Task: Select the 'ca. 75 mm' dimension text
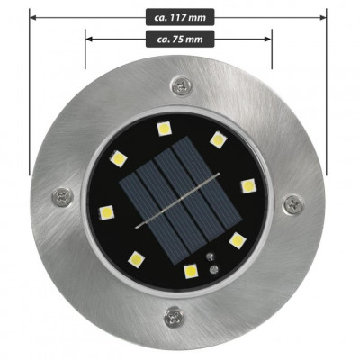pyautogui.click(x=178, y=38)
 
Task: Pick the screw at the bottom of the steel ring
pyautogui.click(x=172, y=315)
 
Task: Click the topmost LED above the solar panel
pyautogui.click(x=164, y=129)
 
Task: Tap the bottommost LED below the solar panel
pyautogui.click(x=191, y=270)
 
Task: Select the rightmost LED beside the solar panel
pyautogui.click(x=247, y=185)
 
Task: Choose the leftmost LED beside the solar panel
pyautogui.click(x=105, y=214)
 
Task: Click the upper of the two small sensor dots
pyautogui.click(x=211, y=256)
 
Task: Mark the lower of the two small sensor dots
pyautogui.click(x=210, y=266)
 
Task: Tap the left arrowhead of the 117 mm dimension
pyautogui.click(x=33, y=16)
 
